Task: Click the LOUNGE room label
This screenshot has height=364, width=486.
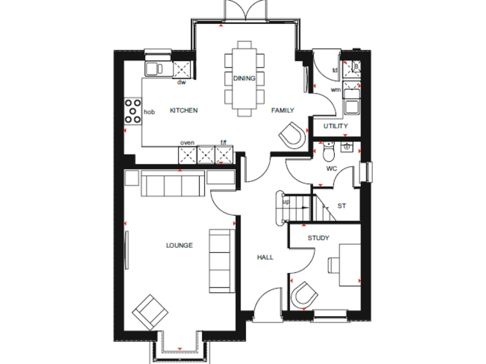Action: (179, 245)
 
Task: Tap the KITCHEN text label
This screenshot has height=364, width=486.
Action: (184, 111)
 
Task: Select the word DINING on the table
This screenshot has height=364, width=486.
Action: (244, 78)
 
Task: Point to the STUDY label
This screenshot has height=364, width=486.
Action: (318, 238)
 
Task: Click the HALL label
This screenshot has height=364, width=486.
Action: (265, 257)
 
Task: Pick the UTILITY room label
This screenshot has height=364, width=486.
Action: (335, 126)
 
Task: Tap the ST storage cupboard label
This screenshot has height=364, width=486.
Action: (342, 206)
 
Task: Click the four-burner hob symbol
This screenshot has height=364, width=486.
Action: (133, 111)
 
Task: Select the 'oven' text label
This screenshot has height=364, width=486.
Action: (187, 143)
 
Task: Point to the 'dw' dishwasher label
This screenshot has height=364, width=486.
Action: (181, 82)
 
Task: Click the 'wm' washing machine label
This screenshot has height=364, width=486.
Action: (335, 90)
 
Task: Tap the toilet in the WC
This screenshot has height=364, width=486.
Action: (327, 154)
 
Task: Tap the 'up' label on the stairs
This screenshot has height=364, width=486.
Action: (286, 202)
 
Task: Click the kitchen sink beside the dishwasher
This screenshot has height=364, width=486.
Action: (154, 68)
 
